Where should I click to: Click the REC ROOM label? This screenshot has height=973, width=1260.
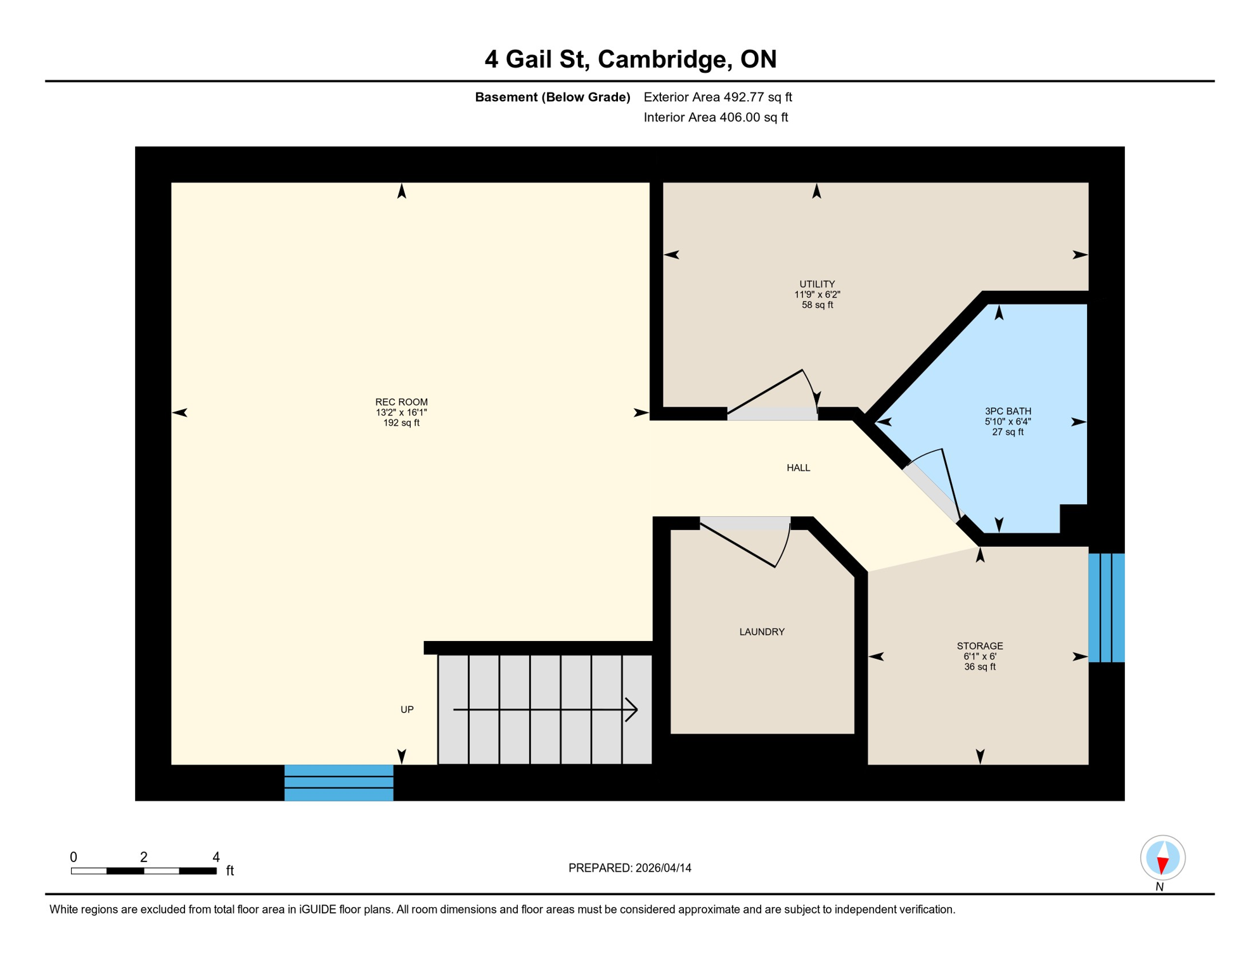point(401,402)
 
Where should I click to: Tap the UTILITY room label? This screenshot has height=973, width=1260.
point(817,284)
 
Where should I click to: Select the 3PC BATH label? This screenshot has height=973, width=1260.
point(1008,411)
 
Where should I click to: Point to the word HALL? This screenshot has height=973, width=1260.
point(798,468)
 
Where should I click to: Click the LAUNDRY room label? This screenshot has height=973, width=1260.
point(762,632)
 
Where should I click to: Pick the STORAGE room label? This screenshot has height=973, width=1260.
point(980,646)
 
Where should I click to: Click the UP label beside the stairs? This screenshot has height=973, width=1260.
point(407,710)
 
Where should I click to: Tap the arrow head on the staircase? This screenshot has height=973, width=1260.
point(631,710)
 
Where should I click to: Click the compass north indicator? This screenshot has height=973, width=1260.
point(1162,858)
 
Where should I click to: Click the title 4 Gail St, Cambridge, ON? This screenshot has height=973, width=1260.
point(630,60)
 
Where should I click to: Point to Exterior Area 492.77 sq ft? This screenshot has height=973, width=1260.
point(717,97)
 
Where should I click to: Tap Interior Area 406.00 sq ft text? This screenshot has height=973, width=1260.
point(716,117)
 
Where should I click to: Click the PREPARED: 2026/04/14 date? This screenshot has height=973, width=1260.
point(629,868)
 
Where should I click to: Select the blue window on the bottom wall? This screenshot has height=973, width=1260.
point(338,783)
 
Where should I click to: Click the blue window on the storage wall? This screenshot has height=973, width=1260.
point(1106,608)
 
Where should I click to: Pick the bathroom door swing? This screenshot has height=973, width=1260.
point(938,481)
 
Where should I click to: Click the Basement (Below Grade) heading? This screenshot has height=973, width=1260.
point(552,97)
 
